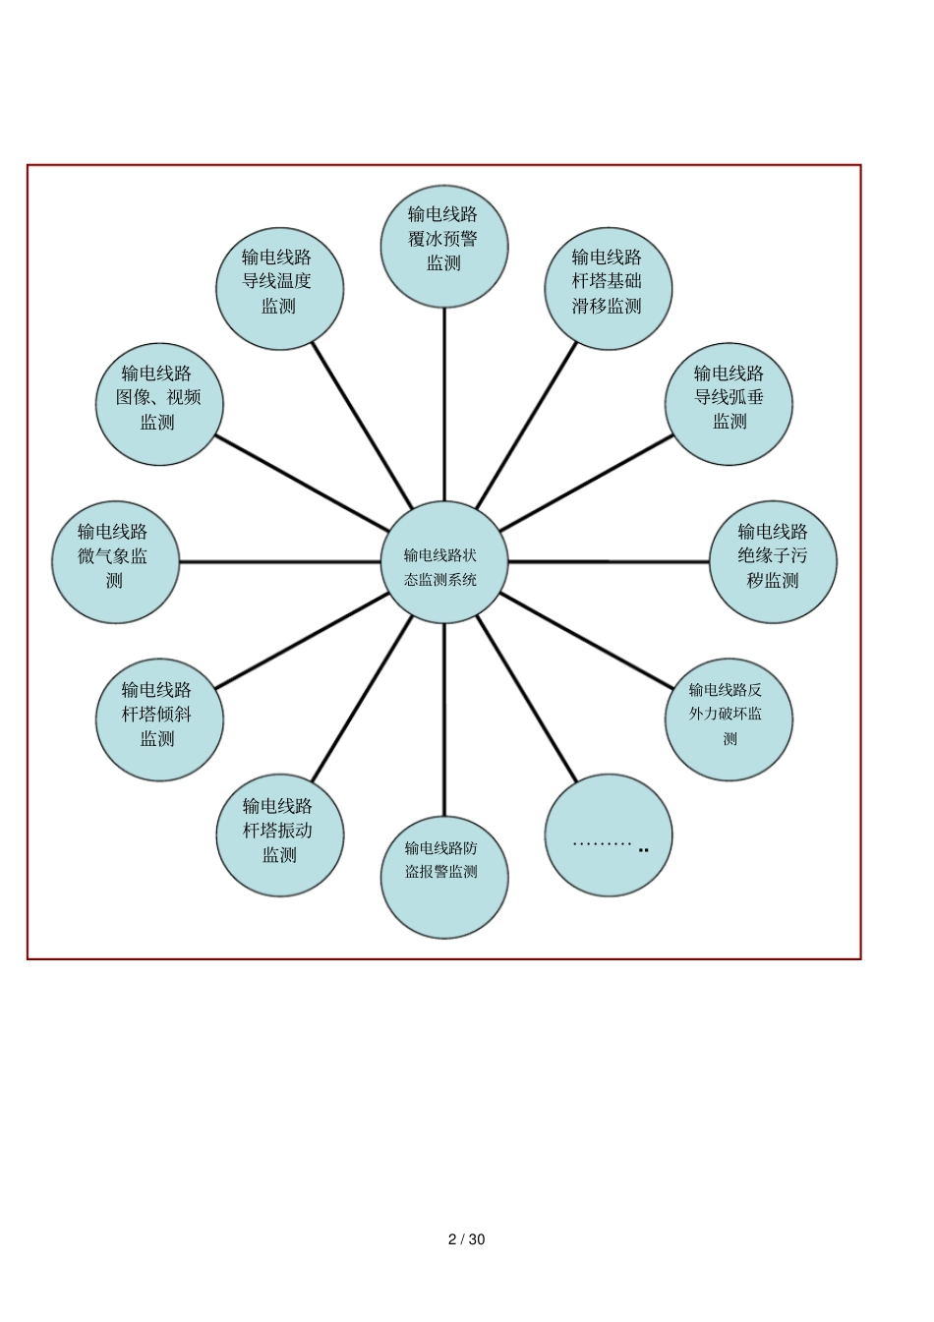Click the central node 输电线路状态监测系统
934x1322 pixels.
(443, 562)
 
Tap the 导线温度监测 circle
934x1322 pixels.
(279, 286)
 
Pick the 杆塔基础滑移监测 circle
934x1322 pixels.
(609, 286)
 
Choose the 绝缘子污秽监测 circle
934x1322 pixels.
(773, 561)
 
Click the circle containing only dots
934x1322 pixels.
(609, 835)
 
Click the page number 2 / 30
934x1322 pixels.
(466, 1239)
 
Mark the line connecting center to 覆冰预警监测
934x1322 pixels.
(444, 403)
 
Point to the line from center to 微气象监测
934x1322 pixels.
(280, 562)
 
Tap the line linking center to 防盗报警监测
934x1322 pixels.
(444, 718)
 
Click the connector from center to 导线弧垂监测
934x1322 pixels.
(587, 484)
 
